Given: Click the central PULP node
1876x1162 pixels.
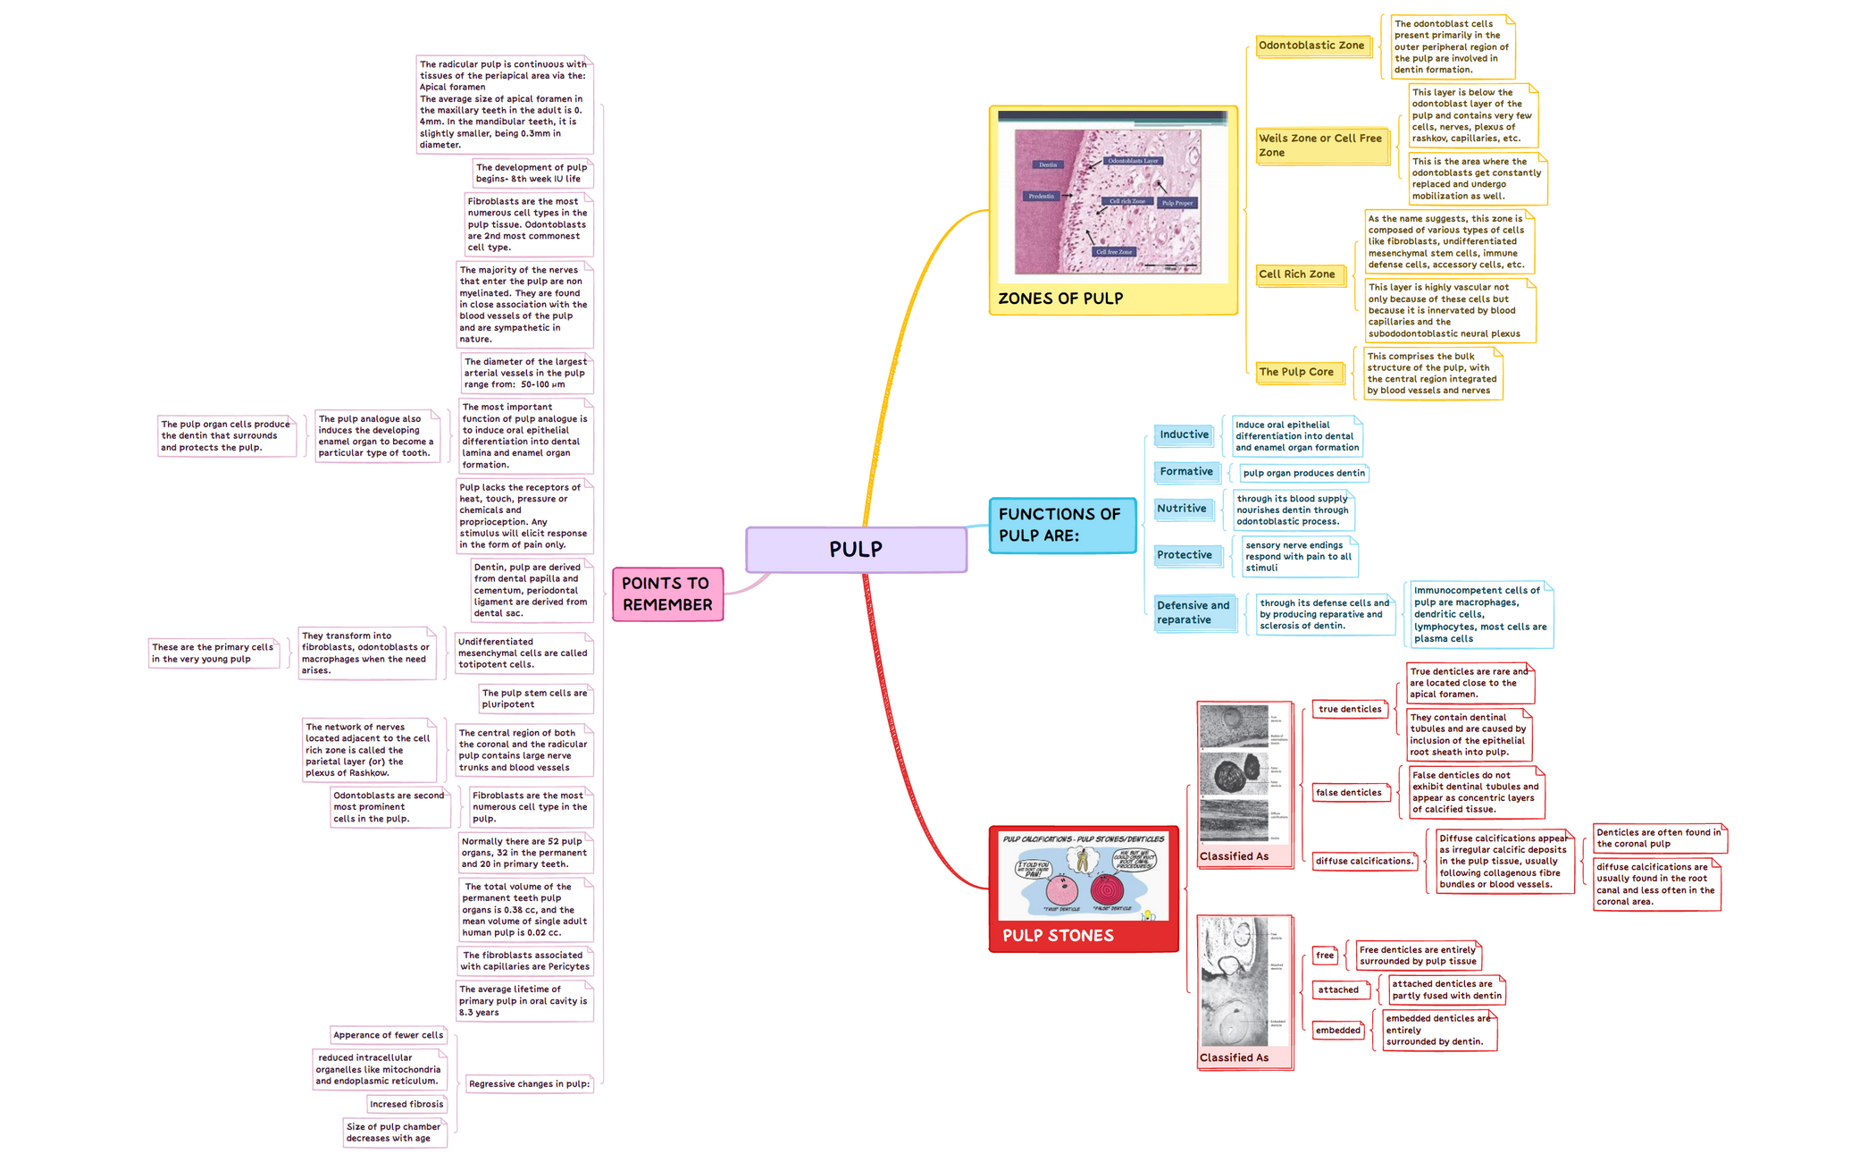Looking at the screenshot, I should coord(856,549).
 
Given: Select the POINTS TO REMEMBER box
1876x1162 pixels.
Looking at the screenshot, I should coord(667,594).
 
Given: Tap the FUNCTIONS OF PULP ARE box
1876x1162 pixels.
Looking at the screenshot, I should coord(1062,525).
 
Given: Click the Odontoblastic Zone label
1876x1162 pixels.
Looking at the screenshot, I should coord(1311,46).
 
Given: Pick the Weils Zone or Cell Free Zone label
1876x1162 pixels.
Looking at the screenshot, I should coord(1320,145).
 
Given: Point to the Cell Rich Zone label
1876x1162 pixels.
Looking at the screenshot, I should coord(1297,274).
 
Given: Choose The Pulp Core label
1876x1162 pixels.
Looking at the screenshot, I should coord(1296,372).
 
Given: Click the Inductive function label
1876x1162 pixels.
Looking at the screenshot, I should coord(1184,434).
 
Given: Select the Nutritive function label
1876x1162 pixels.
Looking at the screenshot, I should coord(1182,509).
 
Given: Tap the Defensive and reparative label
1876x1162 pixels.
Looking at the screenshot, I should coord(1193,612).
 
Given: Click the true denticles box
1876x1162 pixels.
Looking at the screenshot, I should coord(1350,710).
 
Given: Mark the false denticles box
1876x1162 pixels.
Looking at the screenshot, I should coord(1349,793).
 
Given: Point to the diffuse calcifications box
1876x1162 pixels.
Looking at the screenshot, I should coord(1364,862).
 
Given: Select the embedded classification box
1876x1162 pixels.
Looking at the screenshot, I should coord(1338,1031).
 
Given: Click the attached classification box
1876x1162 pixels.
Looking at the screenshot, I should coord(1338,990).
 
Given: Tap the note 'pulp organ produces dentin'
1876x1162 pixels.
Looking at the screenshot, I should coord(1303,473).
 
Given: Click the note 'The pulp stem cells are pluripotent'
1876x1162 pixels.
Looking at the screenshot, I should coord(534,698).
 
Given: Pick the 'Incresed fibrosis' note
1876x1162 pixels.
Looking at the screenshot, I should coord(406,1105).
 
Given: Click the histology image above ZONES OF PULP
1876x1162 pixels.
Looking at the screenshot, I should coord(1108,201).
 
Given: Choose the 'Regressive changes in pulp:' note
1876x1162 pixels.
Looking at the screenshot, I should coord(529,1084).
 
